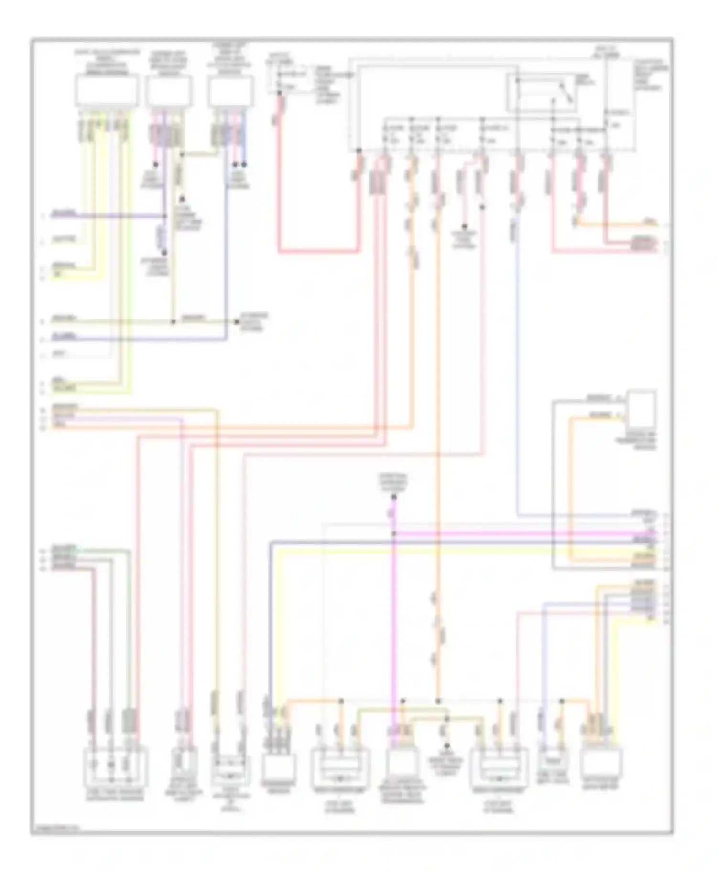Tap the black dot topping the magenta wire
(394, 497)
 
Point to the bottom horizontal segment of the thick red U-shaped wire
(318, 250)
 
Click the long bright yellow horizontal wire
(459, 551)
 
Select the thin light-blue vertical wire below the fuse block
(518, 373)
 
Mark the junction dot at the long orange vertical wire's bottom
(438, 701)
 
